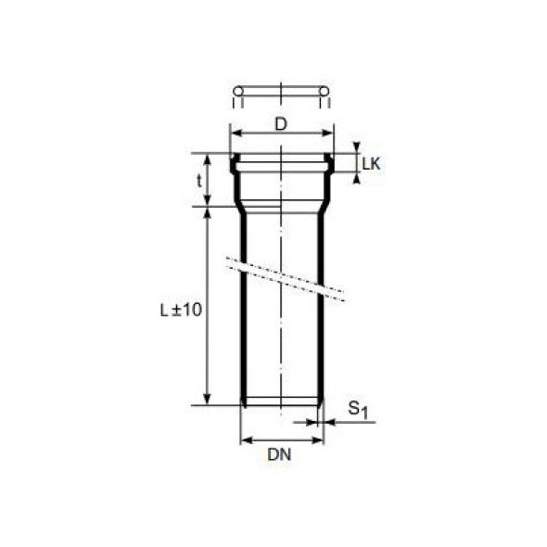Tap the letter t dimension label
pyautogui.click(x=198, y=181)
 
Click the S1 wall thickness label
pyautogui.click(x=358, y=408)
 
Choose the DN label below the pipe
pyautogui.click(x=281, y=455)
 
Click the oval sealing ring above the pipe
pyautogui.click(x=281, y=91)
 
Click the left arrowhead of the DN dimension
pyautogui.click(x=245, y=439)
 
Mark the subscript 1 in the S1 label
pyautogui.click(x=366, y=412)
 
